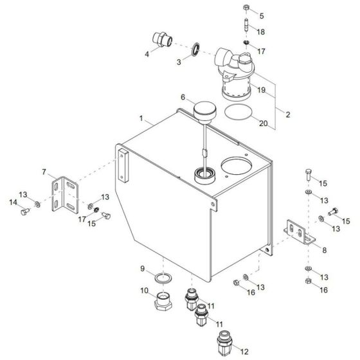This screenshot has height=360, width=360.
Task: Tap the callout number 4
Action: click(x=147, y=54)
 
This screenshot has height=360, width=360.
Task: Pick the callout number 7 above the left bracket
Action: click(x=44, y=172)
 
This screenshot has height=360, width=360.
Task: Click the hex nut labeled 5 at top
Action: click(x=247, y=8)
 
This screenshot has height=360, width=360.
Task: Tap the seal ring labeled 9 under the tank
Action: click(x=164, y=277)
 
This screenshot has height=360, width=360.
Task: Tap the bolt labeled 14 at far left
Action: click(x=25, y=211)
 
